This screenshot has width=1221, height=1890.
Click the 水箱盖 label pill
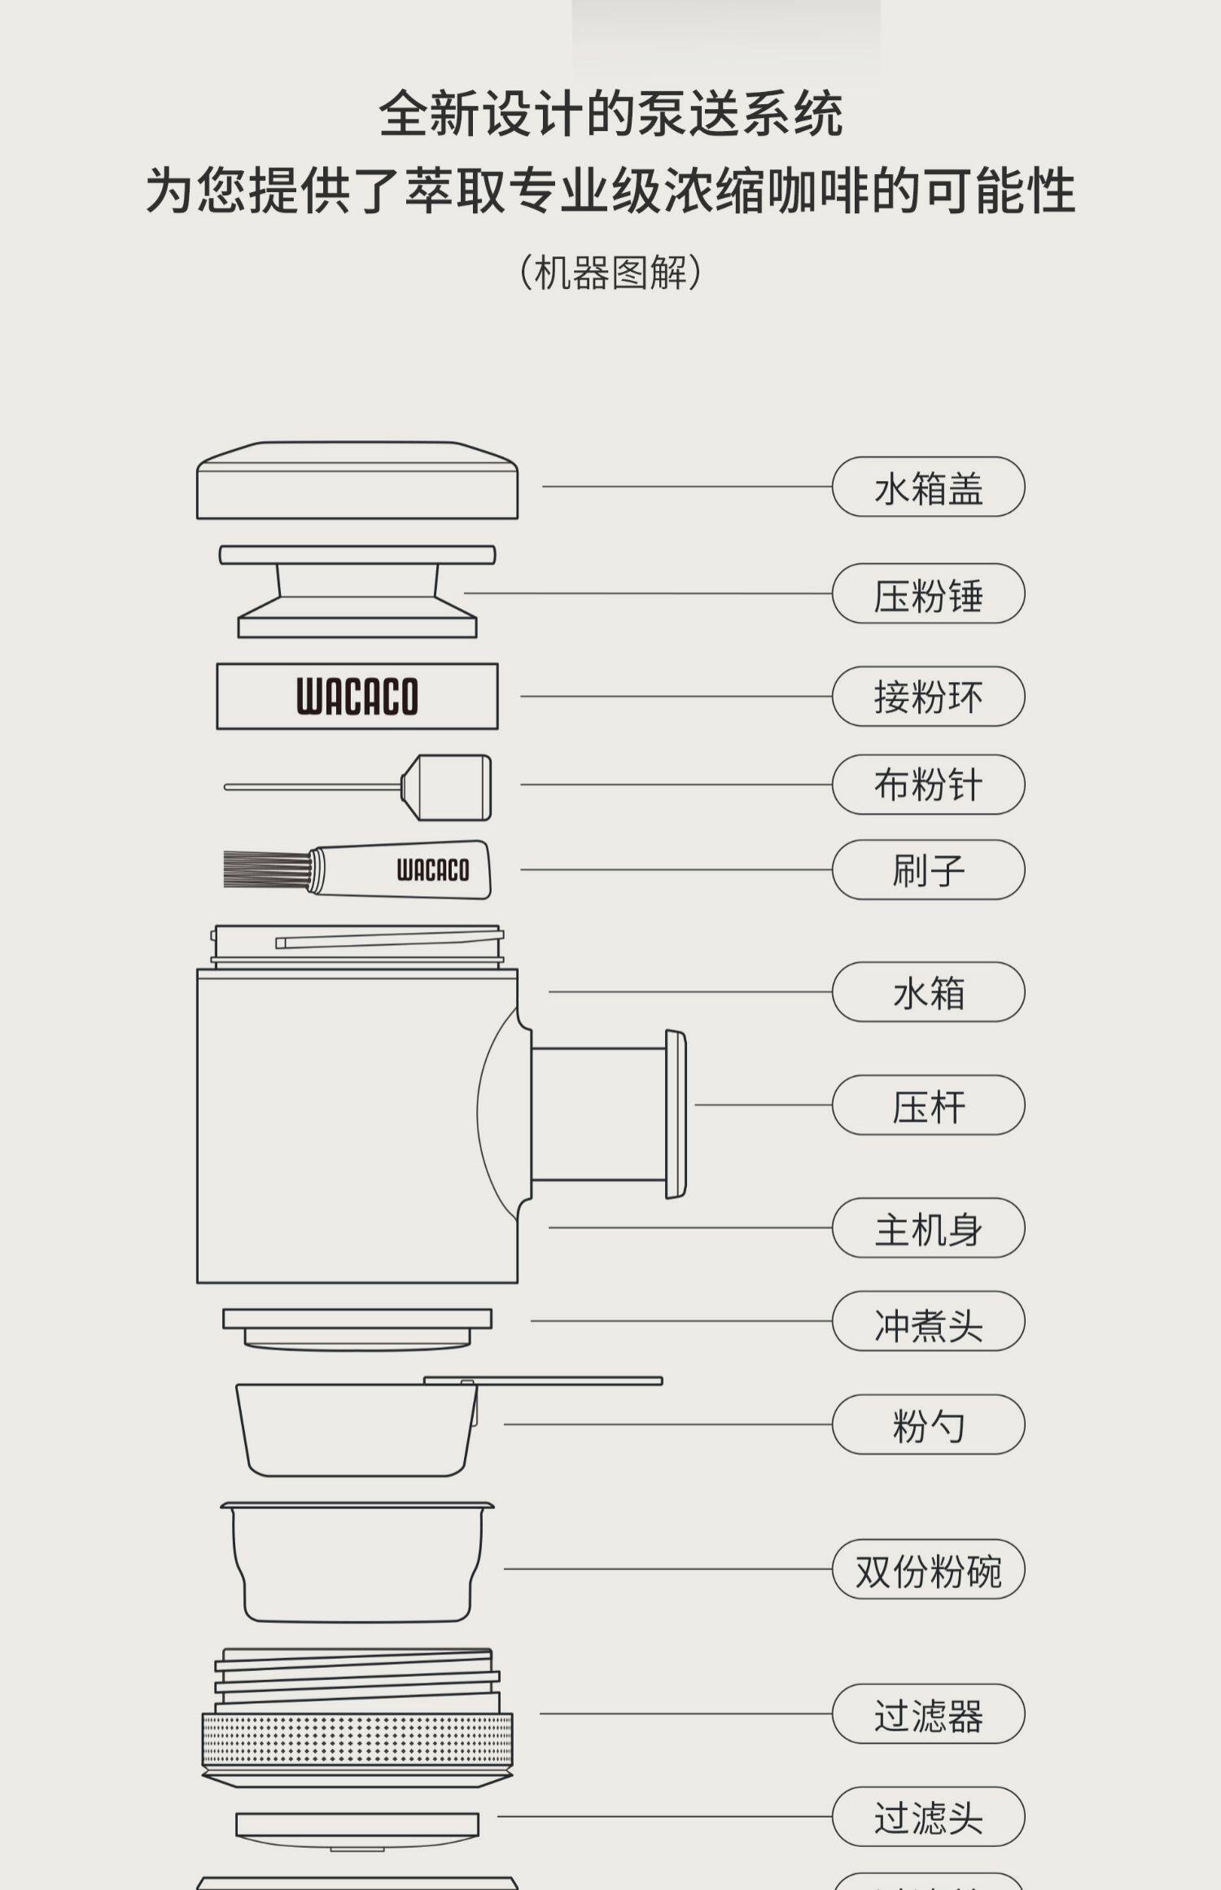pos(928,487)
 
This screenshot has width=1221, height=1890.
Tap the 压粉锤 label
pos(928,593)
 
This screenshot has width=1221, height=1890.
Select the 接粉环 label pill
pos(928,697)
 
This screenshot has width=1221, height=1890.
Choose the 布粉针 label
pos(928,785)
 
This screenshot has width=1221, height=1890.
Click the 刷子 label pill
pos(928,869)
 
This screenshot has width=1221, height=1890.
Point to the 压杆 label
pos(928,1105)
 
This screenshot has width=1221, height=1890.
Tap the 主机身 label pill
pos(928,1227)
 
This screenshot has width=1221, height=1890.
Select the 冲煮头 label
pos(928,1321)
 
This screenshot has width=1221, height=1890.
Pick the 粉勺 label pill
pos(928,1424)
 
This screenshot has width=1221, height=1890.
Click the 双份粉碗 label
pos(928,1568)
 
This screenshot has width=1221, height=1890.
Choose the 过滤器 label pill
pos(928,1713)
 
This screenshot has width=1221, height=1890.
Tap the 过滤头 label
pos(928,1817)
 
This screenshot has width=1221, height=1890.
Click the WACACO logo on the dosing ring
pos(357,697)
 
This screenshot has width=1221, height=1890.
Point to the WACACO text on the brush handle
pos(432,870)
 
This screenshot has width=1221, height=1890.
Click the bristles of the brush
pos(265,869)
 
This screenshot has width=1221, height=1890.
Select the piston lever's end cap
pos(676,1113)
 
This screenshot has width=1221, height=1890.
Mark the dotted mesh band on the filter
pos(357,1740)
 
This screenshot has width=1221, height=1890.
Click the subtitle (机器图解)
pos(610,273)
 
